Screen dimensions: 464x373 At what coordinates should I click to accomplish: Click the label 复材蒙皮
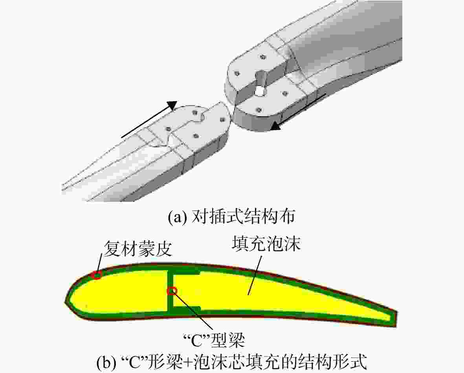point(138,249)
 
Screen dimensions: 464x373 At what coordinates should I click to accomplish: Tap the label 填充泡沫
point(266,244)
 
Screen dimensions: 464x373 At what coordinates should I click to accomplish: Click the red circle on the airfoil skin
point(97,275)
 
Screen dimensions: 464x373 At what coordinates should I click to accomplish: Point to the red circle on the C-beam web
point(172,291)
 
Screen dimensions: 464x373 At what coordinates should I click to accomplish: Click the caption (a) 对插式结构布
point(231,218)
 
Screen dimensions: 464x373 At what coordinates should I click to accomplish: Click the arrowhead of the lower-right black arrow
point(276,125)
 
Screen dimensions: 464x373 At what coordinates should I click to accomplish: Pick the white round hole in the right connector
point(260,91)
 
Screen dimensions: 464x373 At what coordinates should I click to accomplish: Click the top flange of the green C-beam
point(183,272)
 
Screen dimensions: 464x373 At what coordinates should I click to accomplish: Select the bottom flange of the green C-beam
point(184,310)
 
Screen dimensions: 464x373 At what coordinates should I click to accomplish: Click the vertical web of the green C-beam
point(171,291)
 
